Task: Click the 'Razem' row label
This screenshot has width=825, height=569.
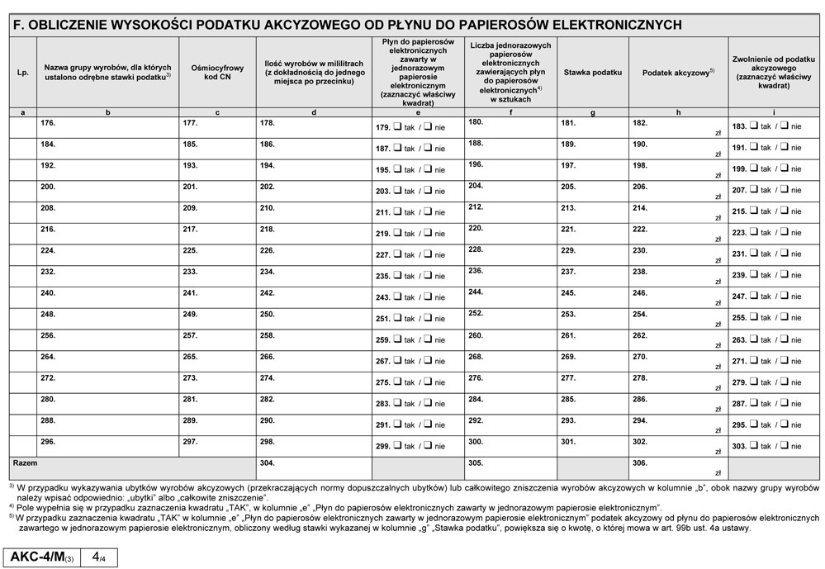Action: click(25, 462)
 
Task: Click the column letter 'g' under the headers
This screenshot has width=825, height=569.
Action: click(592, 111)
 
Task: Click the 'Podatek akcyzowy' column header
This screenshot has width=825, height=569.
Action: click(677, 73)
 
